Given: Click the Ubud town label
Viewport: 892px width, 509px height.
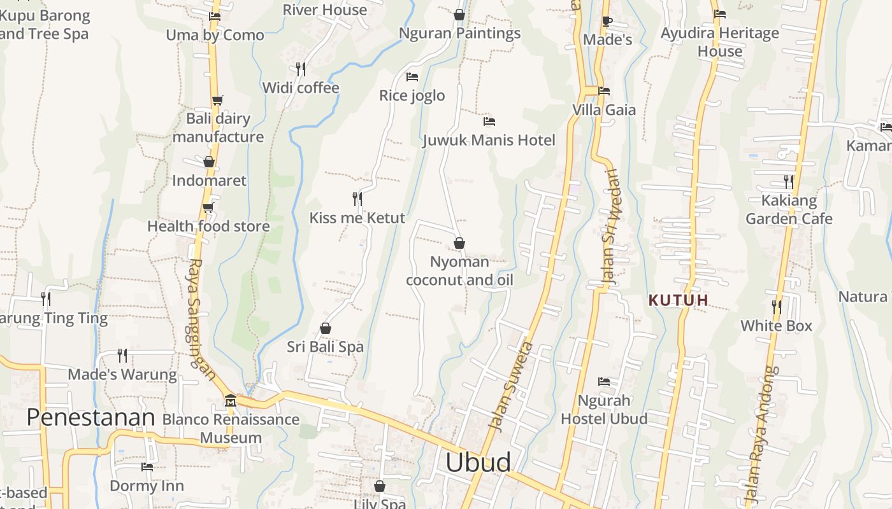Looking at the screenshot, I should coord(478,462).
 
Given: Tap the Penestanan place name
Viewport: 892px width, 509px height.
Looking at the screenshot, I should coord(91,417).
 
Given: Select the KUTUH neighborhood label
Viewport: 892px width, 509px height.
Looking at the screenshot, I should coord(678,300).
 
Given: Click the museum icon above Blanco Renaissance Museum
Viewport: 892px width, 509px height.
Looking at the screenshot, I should coord(231,401).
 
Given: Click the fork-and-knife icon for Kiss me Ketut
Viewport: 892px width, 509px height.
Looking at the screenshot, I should coord(357,199).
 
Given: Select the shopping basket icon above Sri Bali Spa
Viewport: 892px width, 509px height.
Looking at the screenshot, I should coord(326,328).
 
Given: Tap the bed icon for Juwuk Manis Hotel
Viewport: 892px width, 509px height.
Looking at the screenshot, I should coord(489,121).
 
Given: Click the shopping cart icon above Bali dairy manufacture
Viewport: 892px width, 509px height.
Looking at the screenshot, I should coord(218,100).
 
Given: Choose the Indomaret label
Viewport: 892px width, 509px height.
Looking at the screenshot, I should coord(209,180).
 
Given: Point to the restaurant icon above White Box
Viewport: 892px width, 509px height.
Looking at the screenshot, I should coord(776,307).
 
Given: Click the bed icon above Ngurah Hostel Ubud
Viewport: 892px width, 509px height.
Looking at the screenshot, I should coord(604,382).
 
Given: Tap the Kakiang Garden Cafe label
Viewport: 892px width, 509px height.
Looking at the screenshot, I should coord(789,209).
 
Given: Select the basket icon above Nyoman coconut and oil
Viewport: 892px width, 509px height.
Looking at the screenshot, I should coord(459,243).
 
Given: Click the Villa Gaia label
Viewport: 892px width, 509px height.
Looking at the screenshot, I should coord(604,109).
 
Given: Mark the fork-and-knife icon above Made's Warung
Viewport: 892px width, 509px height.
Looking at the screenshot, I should coord(122,354).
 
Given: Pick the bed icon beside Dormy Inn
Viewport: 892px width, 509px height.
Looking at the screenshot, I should coord(147,467).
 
